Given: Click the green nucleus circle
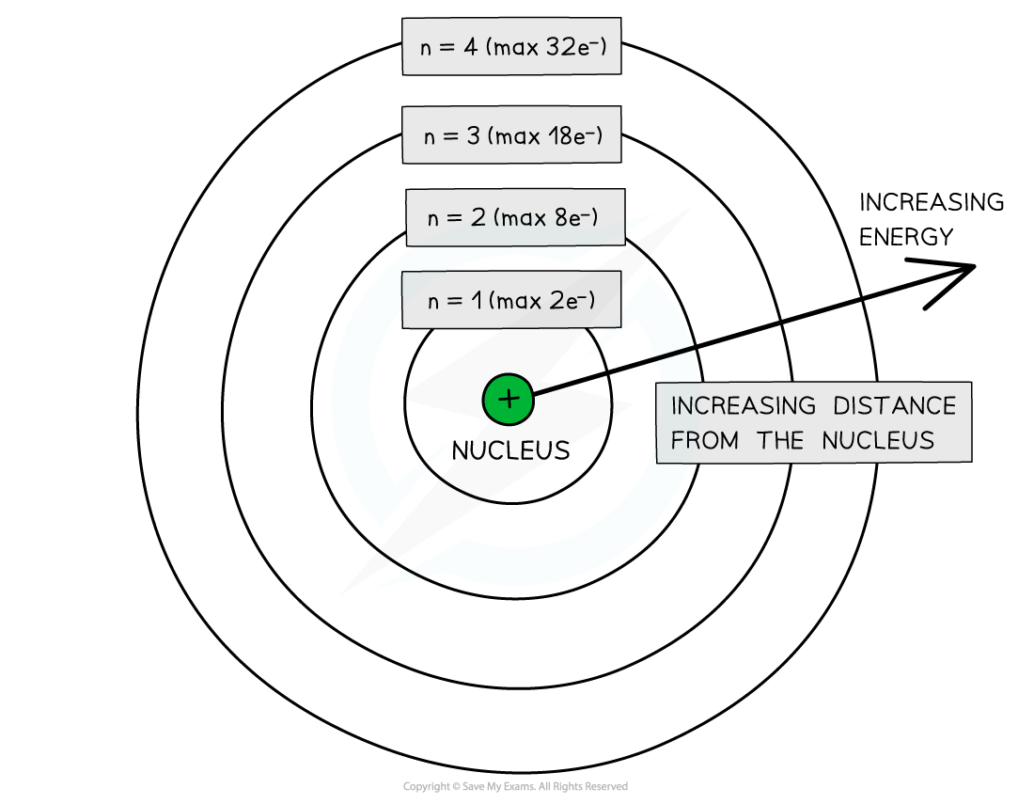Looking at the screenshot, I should tap(509, 400).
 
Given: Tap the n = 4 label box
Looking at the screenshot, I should tap(511, 46).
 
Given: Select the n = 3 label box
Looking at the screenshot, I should tap(511, 134).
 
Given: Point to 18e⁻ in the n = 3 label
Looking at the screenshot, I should tap(573, 135).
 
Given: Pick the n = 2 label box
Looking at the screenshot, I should tap(515, 217).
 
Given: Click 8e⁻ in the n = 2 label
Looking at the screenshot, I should tap(573, 218).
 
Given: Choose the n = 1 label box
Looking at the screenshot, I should tap(511, 300).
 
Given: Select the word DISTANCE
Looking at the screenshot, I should tap(894, 406).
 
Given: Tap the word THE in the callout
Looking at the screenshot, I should tap(780, 440).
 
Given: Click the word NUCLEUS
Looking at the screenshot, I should tap(878, 440).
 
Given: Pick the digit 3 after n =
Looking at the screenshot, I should tap(473, 135).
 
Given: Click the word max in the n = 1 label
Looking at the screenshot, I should tap(518, 301).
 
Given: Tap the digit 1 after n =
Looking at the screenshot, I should tap(478, 301).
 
